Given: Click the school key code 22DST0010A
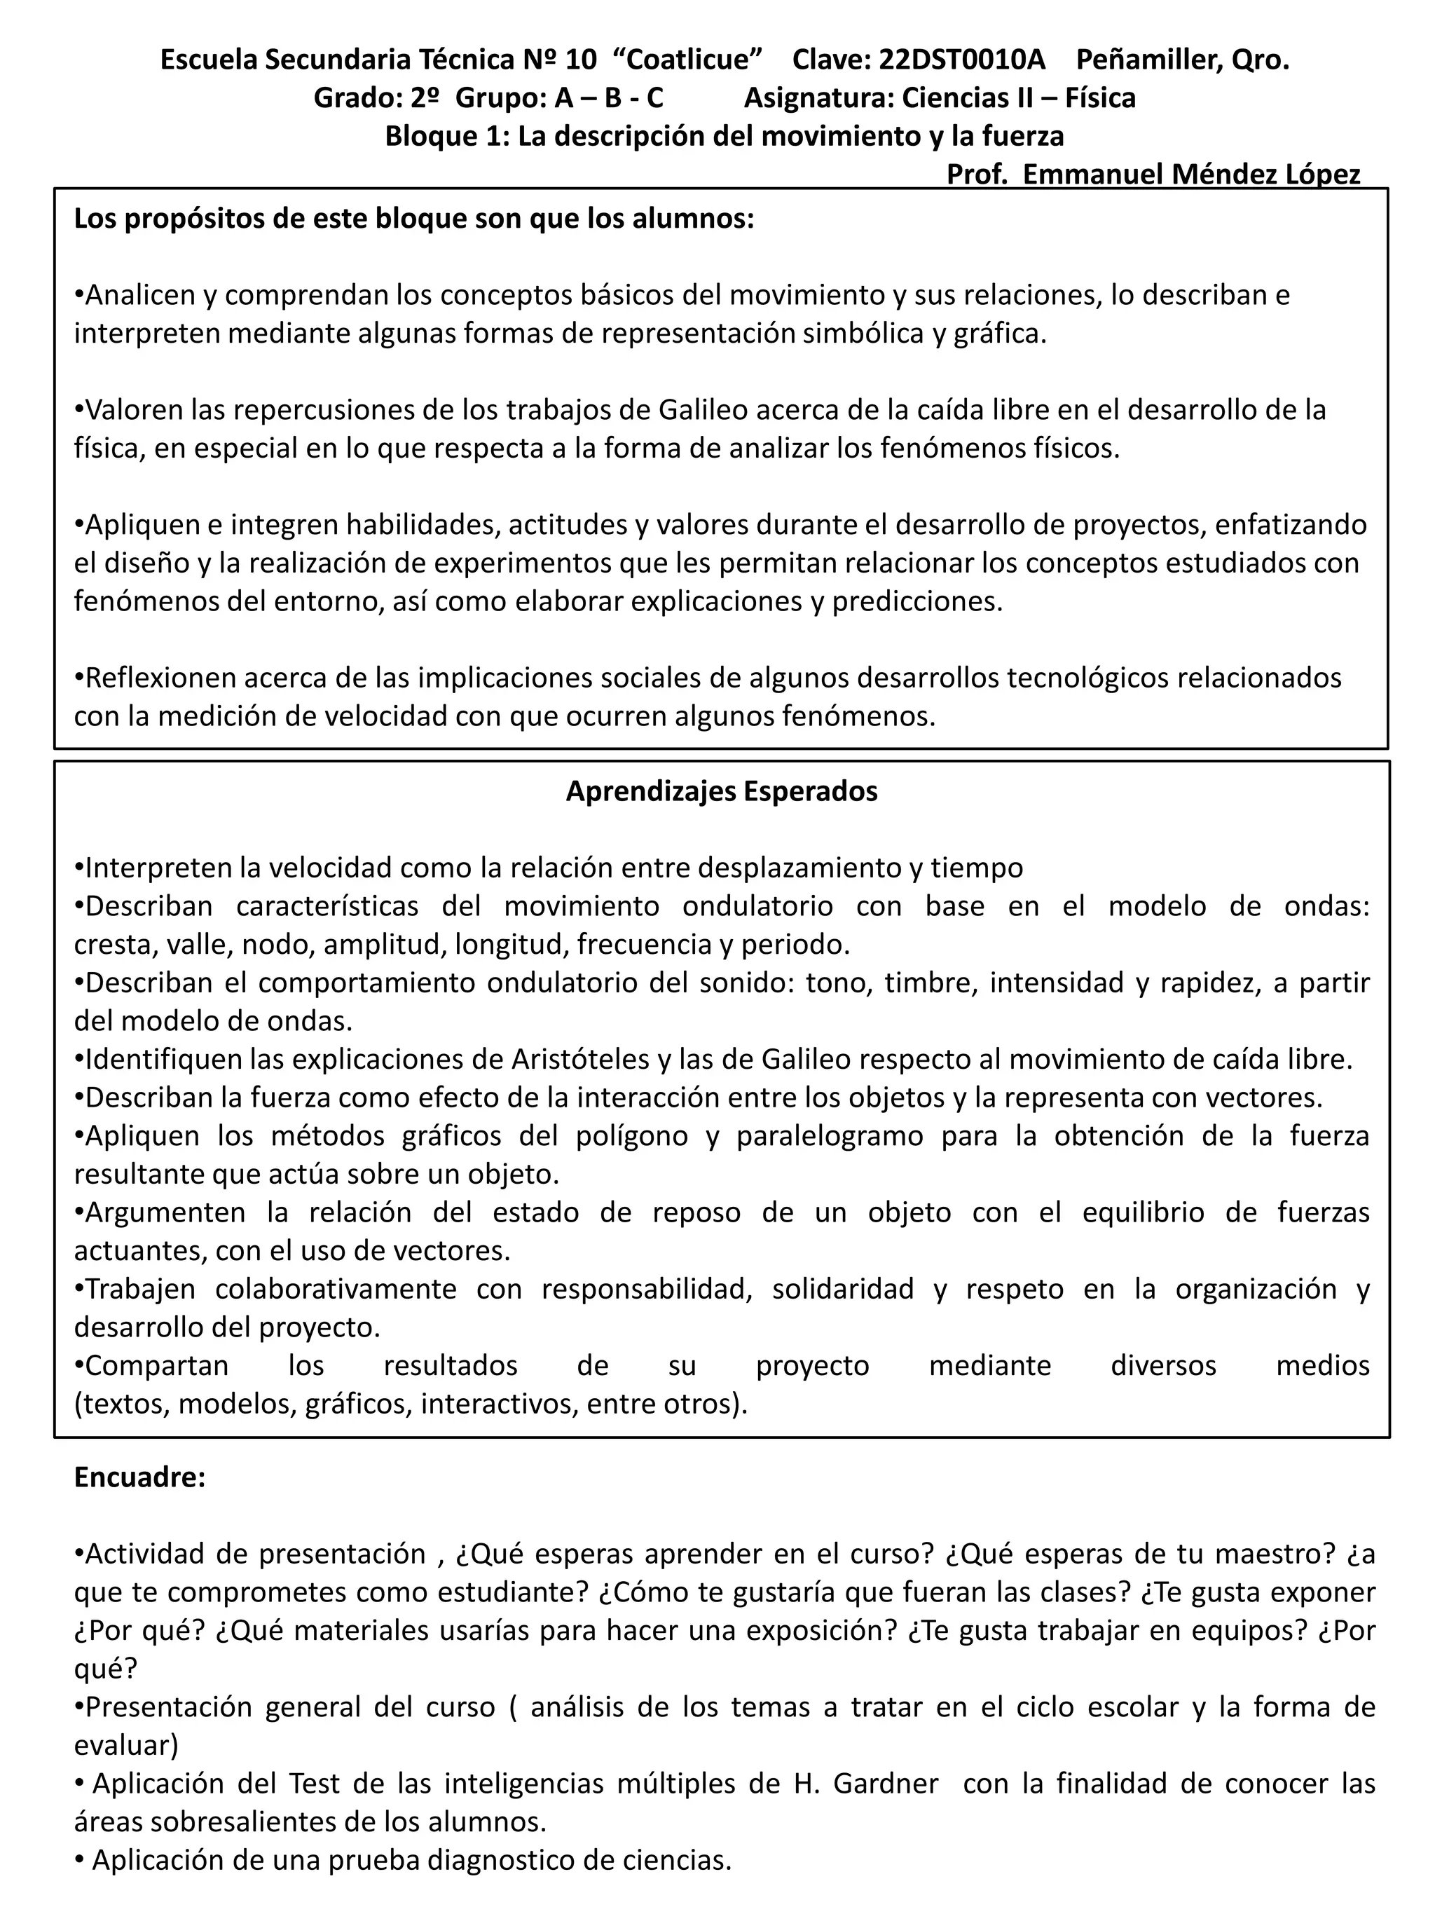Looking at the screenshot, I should coord(961,60).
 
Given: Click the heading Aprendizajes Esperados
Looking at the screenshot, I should coord(722,791).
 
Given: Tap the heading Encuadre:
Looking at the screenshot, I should coord(139,1477).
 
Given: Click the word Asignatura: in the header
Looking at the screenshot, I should coord(818,98).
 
